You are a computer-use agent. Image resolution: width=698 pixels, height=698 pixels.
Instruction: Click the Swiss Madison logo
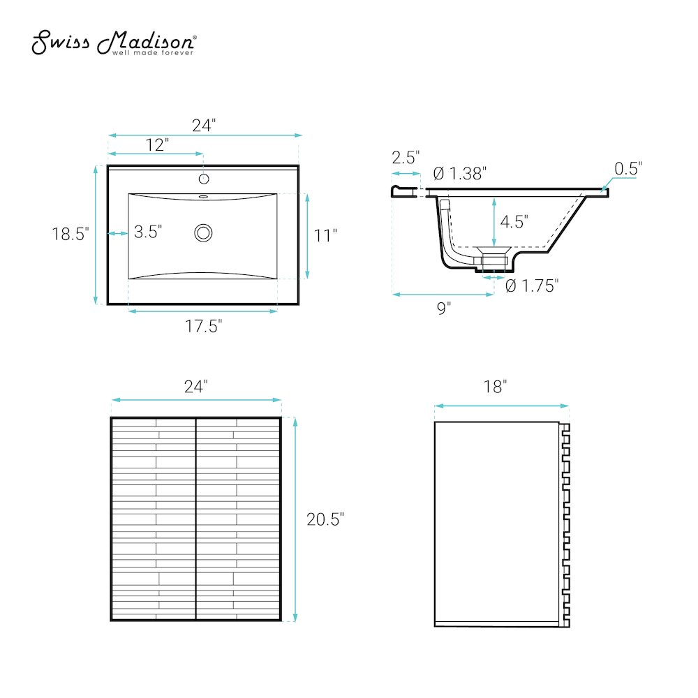coord(114,43)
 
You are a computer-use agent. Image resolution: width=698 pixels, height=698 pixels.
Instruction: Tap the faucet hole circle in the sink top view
coord(204,179)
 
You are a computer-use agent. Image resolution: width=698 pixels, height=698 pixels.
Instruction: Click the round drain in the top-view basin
coord(203,233)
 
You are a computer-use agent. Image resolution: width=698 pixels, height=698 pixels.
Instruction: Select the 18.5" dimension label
coord(70,234)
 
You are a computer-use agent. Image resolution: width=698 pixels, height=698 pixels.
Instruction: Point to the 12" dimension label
coord(158,144)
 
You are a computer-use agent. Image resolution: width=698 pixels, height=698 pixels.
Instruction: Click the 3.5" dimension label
coord(148,232)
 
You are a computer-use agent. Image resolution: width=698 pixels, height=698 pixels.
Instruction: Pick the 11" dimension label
coord(325,235)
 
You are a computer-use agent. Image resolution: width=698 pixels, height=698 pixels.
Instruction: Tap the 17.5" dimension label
coord(203,326)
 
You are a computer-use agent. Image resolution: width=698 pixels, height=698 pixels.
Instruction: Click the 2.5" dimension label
coord(406,157)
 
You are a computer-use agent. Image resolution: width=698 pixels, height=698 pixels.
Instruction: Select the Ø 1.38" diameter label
coord(460,174)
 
